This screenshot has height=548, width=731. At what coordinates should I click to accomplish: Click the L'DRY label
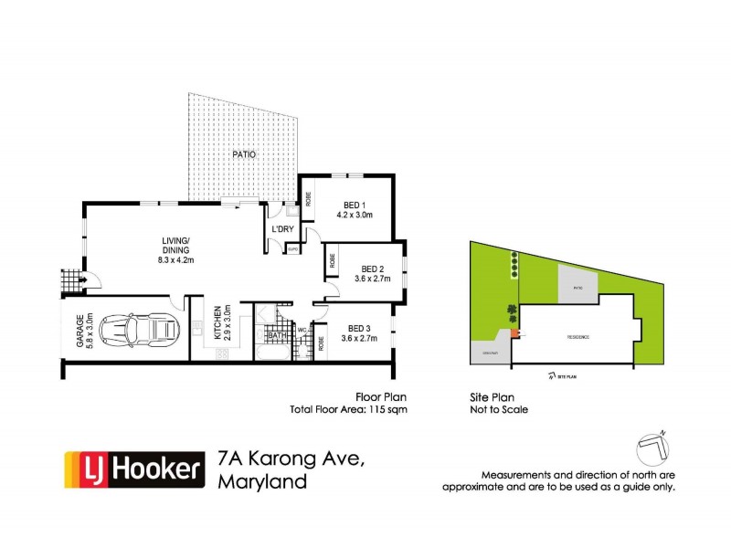tap(281, 228)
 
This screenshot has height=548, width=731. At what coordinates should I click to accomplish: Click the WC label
tap(301, 329)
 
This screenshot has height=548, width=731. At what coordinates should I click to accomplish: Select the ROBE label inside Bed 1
tap(309, 197)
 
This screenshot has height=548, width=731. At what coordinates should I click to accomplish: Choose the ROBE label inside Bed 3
tap(321, 345)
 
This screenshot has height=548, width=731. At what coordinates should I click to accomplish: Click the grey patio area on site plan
tap(577, 284)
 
